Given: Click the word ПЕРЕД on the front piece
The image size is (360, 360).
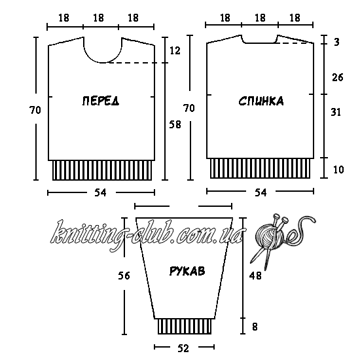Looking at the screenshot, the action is point(101,101).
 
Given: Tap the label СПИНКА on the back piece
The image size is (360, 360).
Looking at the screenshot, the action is point(261,101).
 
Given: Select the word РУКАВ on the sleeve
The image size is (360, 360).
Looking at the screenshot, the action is point(187,271).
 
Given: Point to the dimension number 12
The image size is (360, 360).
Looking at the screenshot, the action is point(175,51).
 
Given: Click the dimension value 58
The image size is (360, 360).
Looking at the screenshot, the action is point(175,124).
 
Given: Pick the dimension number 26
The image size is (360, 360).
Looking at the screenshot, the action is point(338,77).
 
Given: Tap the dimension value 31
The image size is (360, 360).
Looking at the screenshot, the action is point(336,112).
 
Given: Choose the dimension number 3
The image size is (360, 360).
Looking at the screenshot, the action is point(336,42).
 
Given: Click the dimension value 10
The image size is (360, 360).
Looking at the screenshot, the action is point(338,170).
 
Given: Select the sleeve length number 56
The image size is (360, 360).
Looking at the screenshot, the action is point(124,276).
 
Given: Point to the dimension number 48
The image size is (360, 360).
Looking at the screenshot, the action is point(255,276).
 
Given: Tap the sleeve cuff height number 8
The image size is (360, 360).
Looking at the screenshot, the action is point(255,327).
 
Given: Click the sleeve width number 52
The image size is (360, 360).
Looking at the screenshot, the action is point(183,348).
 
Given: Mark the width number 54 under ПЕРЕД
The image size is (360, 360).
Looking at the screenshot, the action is point(101,193).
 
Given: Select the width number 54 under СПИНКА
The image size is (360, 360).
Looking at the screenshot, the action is point(261,192).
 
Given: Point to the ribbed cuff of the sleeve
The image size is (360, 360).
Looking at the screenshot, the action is point(185,326).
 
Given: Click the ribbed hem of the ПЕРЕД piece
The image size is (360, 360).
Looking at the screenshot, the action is point(102,170).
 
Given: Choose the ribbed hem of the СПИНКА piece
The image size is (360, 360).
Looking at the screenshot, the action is point(261,168).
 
